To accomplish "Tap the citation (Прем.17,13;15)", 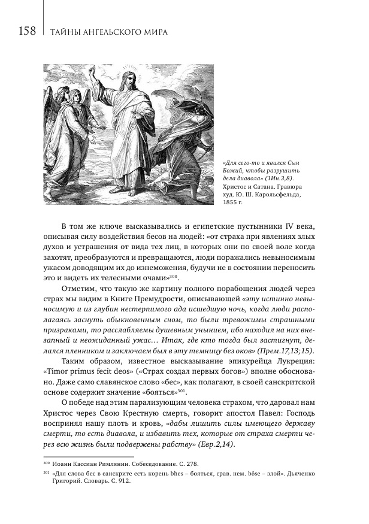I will [286, 350].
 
